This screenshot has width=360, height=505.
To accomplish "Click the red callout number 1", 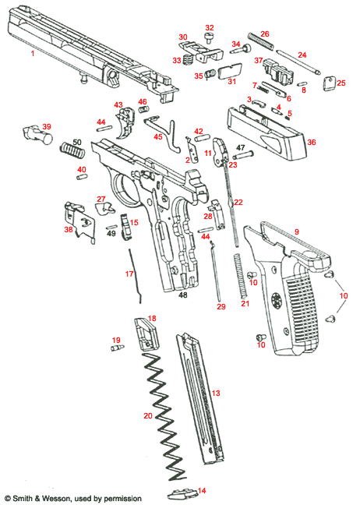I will coord(32,54).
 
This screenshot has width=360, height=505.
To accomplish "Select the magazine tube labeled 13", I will coord(199,397).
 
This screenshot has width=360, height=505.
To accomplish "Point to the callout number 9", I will coord(296,231).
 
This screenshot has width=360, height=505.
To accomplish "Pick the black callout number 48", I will coord(184,295).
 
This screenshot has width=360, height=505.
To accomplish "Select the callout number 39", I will coord(47,127).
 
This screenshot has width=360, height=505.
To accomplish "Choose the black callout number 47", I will coord(241,147).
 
